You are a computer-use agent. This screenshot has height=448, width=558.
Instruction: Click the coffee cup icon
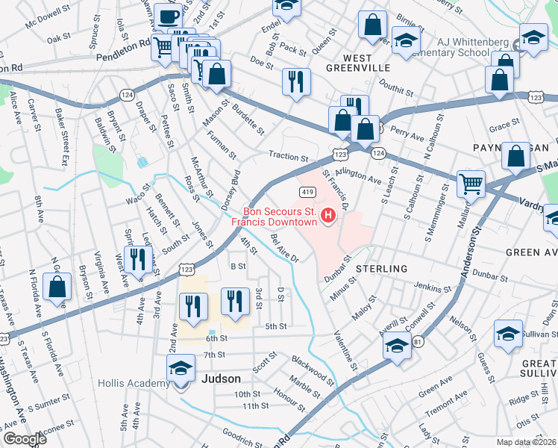[x=169, y=17]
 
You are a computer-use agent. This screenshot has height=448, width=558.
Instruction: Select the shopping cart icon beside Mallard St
[x=471, y=184]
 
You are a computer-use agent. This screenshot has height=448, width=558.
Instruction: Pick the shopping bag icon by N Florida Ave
[x=57, y=289]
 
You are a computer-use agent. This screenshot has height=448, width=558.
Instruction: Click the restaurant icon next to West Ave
[x=138, y=261]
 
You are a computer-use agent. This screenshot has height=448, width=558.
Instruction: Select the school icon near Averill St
[x=398, y=347]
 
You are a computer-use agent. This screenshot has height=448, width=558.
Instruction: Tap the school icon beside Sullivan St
[x=509, y=335]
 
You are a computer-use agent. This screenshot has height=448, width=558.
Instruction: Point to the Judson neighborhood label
[x=221, y=379]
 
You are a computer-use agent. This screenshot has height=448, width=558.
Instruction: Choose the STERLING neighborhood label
[x=381, y=268]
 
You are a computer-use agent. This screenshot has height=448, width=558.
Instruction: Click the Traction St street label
[x=289, y=158]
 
